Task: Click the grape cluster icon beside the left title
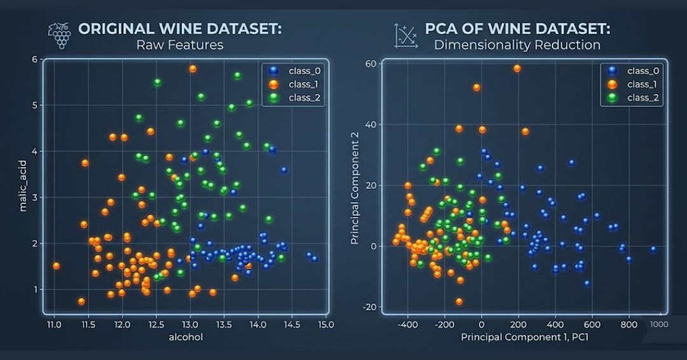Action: pyautogui.click(x=60, y=36)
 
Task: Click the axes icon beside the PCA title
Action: pyautogui.click(x=405, y=36)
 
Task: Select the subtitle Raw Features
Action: pyautogui.click(x=179, y=45)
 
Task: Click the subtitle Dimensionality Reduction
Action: pyautogui.click(x=517, y=45)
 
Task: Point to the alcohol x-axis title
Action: pyautogui.click(x=186, y=337)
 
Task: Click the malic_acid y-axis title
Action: pyautogui.click(x=23, y=186)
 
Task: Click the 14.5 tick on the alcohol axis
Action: pyautogui.click(x=292, y=324)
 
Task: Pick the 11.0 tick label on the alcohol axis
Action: pyautogui.click(x=54, y=324)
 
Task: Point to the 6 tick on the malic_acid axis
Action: pyautogui.click(x=34, y=59)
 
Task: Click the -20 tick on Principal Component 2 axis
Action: pyautogui.click(x=370, y=307)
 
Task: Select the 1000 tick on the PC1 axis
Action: pyautogui.click(x=659, y=324)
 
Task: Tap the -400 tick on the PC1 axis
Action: pyautogui.click(x=408, y=324)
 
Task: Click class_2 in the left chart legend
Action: pyautogui.click(x=305, y=98)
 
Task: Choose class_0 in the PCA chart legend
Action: pyautogui.click(x=642, y=71)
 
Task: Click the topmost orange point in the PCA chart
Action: pyautogui.click(x=517, y=68)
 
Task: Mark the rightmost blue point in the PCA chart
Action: pyautogui.click(x=653, y=249)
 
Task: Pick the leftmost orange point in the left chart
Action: pyautogui.click(x=56, y=266)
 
